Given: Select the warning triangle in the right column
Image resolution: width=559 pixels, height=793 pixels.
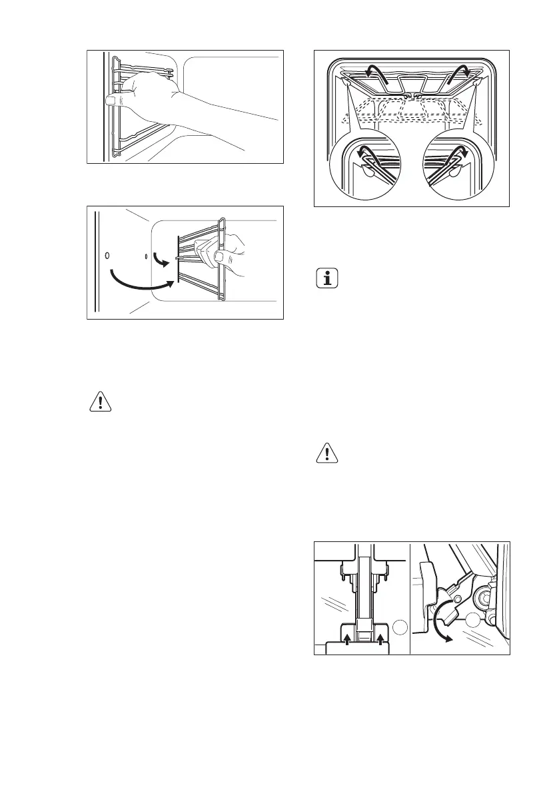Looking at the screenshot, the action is [325, 454].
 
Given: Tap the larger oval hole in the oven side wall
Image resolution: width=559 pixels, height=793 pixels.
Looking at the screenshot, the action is [107, 255].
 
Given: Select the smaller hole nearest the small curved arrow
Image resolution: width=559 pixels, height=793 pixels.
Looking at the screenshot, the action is [146, 256].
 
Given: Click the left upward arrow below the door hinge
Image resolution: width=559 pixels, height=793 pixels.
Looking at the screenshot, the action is [348, 639].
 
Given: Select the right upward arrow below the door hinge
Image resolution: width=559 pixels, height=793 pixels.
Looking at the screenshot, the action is [380, 639].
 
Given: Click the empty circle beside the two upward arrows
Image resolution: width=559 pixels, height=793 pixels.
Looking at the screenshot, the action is [398, 627].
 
